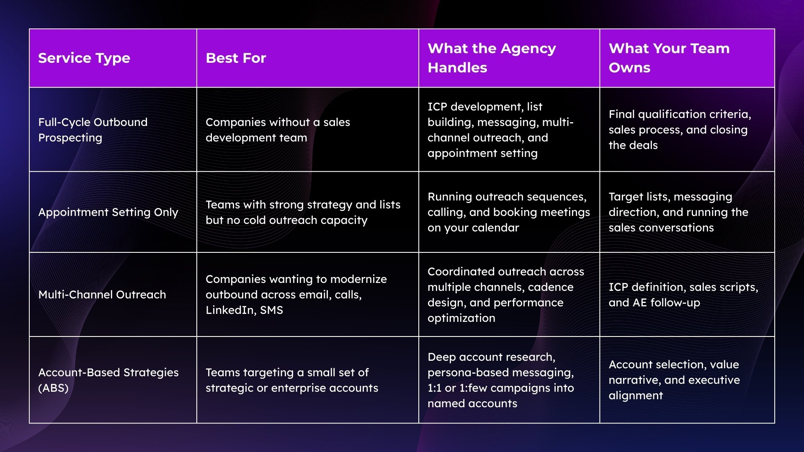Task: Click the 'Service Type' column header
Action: pyautogui.click(x=84, y=58)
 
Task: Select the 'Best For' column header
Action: pyautogui.click(x=236, y=58)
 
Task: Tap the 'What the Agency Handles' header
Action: pyautogui.click(x=492, y=58)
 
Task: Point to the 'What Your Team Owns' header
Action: pyautogui.click(x=669, y=58)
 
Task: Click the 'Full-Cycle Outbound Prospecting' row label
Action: pyautogui.click(x=93, y=130)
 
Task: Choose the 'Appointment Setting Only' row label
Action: pyautogui.click(x=108, y=212)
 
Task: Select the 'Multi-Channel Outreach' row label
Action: pyautogui.click(x=102, y=295)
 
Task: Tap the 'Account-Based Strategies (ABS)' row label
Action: pyautogui.click(x=108, y=380)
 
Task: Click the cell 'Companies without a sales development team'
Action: pyautogui.click(x=278, y=130)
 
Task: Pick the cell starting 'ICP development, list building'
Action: pyautogui.click(x=500, y=130)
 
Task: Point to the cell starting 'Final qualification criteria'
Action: pyautogui.click(x=680, y=130)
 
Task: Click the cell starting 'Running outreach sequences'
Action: pyautogui.click(x=508, y=212)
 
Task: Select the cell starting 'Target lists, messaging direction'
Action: pyautogui.click(x=678, y=212)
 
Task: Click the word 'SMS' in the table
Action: pyautogui.click(x=271, y=310)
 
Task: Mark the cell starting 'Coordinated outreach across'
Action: pyautogui.click(x=505, y=295)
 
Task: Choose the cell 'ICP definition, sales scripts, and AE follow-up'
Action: pyautogui.click(x=683, y=295)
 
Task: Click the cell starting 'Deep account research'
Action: pyautogui.click(x=500, y=380)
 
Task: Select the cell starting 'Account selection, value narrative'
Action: pyautogui.click(x=674, y=380)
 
